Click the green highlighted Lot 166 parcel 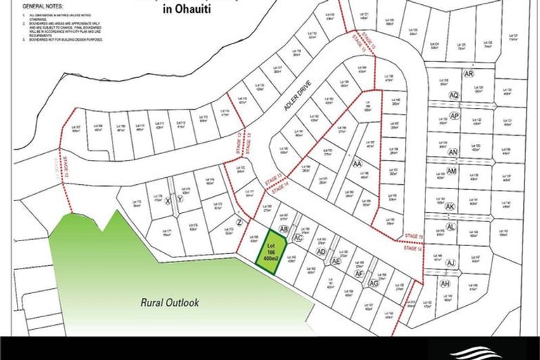pyautogui.click(x=270, y=256)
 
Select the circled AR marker pyautogui.click(x=469, y=74)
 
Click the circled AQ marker pyautogui.click(x=454, y=95)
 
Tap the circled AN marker pyautogui.click(x=453, y=152)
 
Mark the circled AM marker pyautogui.click(x=451, y=171)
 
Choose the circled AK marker pyautogui.click(x=451, y=207)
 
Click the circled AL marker pyautogui.click(x=451, y=227)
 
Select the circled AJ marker pyautogui.click(x=451, y=263)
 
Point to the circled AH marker pyautogui.click(x=444, y=283)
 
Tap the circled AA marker pyautogui.click(x=356, y=163)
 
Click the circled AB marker pyautogui.click(x=284, y=229)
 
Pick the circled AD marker pyautogui.click(x=321, y=251)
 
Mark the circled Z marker pyautogui.click(x=240, y=223)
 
